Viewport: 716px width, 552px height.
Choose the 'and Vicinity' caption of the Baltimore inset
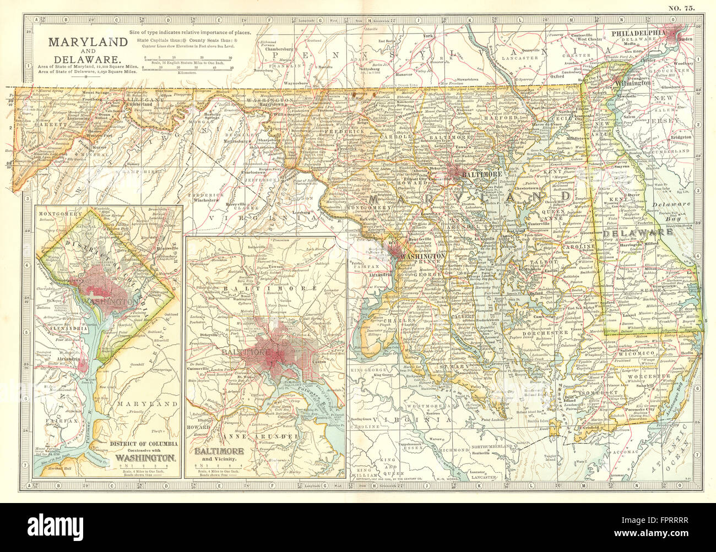(x=221, y=458)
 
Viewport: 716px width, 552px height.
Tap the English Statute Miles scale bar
(x=187, y=61)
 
